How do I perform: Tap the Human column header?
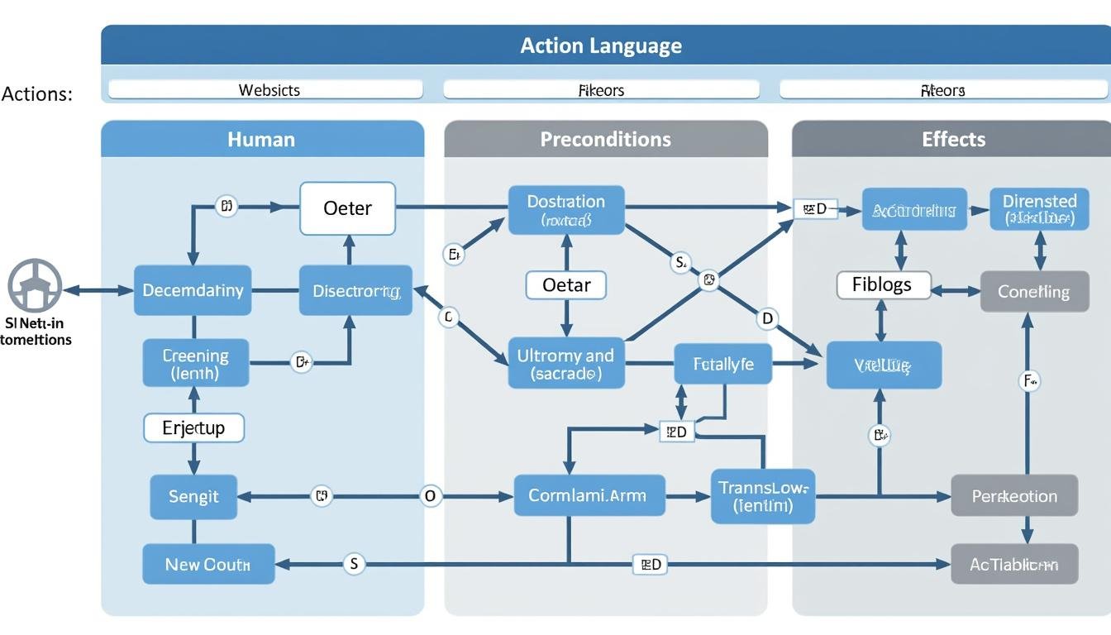click(x=262, y=139)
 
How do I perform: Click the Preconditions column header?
click(x=605, y=139)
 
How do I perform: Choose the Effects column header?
click(x=952, y=139)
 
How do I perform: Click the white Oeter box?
click(x=347, y=208)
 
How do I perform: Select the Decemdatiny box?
click(x=193, y=290)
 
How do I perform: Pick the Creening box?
click(x=195, y=363)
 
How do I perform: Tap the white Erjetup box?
click(x=194, y=428)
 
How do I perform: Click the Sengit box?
click(x=193, y=496)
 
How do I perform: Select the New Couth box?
click(x=207, y=565)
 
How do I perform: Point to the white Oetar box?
click(x=566, y=285)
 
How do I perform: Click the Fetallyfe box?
click(x=723, y=364)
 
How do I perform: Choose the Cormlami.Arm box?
click(x=589, y=496)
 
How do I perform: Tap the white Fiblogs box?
click(x=883, y=285)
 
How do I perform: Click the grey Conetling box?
click(x=1033, y=291)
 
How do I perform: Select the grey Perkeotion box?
click(x=1013, y=496)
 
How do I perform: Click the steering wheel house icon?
click(x=35, y=286)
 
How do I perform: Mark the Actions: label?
click(x=37, y=93)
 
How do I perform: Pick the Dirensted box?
click(x=1039, y=208)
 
